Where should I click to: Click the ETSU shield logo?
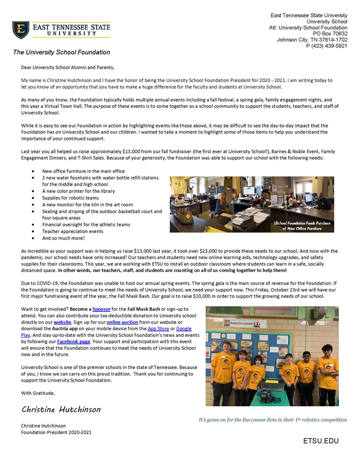click(x=21, y=30)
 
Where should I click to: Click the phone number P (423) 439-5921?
click(x=327, y=46)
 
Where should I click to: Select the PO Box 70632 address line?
click(x=330, y=33)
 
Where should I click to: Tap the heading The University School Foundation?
click(x=61, y=52)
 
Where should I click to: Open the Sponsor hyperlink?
click(x=101, y=309)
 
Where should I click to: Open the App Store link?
click(x=158, y=328)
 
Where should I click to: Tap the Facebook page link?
click(x=74, y=341)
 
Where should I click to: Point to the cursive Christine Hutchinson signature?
click(x=61, y=409)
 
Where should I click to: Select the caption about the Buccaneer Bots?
click(x=273, y=420)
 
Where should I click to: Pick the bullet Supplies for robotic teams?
click(x=70, y=198)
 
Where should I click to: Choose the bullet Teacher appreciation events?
click(x=73, y=231)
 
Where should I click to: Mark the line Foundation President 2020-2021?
click(x=56, y=433)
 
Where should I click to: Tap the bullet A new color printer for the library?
click(x=78, y=191)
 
